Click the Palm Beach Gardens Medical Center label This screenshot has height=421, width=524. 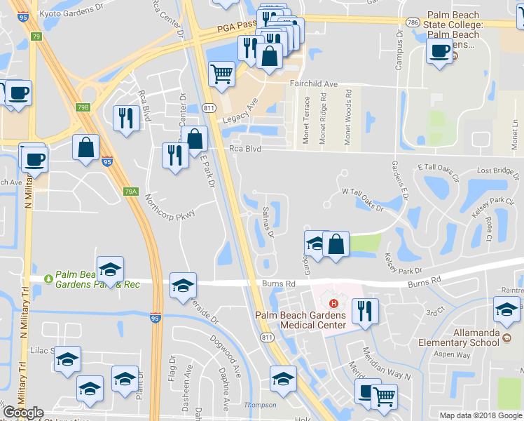coord(301,320)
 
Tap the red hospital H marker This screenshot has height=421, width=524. coord(334,304)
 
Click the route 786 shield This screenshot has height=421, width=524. coord(414,22)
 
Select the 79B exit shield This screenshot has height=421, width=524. coord(83,107)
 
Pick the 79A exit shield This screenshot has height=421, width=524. coord(130,191)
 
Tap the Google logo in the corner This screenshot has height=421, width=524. coord(23,413)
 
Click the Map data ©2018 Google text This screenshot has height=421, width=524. coord(481,415)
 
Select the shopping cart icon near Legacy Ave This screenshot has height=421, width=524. coord(221,72)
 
